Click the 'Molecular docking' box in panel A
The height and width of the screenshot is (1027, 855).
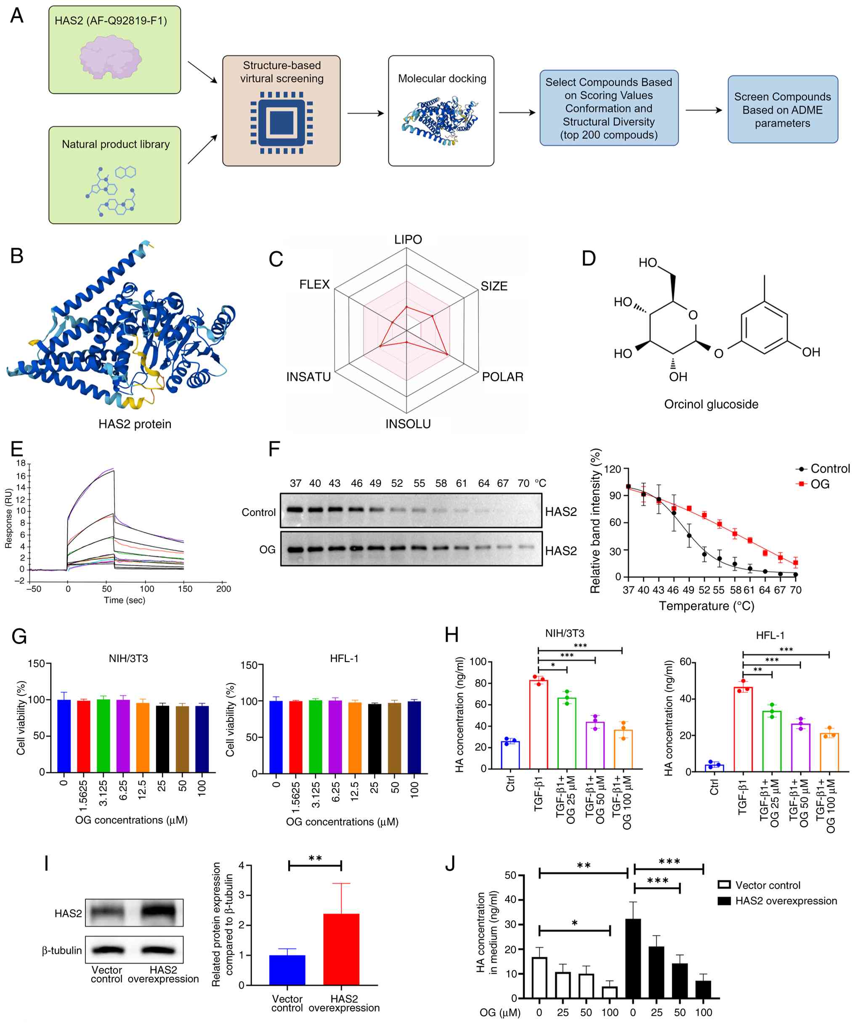441,111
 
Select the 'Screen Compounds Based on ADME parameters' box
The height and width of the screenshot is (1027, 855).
782,110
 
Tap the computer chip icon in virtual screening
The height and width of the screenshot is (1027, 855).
281,123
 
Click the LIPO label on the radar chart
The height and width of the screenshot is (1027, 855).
408,240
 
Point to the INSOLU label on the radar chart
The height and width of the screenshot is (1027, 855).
408,423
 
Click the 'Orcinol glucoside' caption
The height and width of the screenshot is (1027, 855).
711,404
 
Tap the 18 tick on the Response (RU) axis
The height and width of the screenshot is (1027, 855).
21,463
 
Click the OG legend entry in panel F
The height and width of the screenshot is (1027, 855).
820,484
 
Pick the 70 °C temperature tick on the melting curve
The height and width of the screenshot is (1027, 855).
796,590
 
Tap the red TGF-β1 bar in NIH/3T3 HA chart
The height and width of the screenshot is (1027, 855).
538,724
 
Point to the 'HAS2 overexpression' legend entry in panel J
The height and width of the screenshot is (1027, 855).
786,901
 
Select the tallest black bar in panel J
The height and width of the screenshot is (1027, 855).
633,958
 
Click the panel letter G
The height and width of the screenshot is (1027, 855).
19,637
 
